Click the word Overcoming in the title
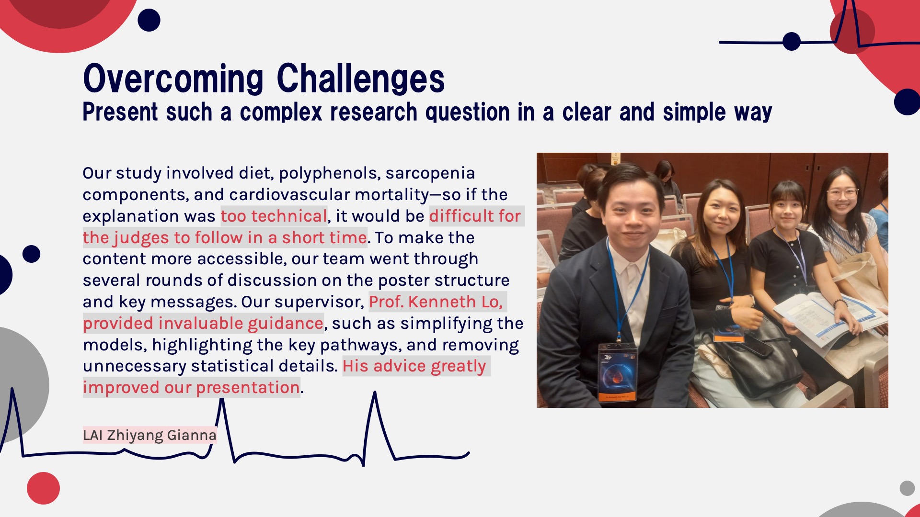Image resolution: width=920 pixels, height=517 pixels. (x=173, y=79)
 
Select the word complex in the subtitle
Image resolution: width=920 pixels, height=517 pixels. (x=281, y=112)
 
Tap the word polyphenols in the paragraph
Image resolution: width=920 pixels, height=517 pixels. (x=330, y=173)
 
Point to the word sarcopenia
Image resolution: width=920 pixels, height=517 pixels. (x=430, y=173)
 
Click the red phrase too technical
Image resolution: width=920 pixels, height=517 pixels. (x=274, y=216)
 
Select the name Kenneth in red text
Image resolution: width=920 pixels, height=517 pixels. (x=442, y=302)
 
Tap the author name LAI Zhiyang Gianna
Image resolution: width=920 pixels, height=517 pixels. (x=149, y=435)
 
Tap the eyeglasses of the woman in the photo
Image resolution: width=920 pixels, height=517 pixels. (x=842, y=194)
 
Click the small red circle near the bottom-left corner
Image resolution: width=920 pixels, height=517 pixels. (x=43, y=488)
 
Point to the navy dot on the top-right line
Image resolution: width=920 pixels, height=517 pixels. (x=792, y=42)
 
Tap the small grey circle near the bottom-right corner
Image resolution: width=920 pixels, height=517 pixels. (x=907, y=488)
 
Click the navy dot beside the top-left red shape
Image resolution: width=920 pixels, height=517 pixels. (x=149, y=20)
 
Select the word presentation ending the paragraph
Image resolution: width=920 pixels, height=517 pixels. (x=248, y=388)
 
